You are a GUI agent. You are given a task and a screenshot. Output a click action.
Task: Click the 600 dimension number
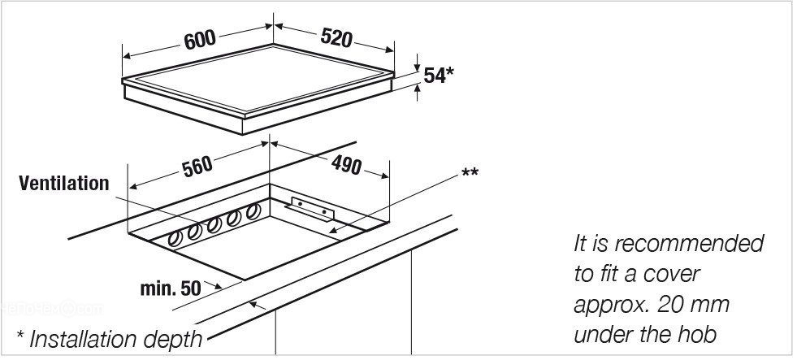click(201, 40)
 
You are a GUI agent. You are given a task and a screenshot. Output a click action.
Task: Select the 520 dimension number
click(336, 37)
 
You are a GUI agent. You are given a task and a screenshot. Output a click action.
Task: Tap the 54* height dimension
click(438, 76)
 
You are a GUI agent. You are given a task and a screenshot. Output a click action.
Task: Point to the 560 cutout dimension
click(197, 167)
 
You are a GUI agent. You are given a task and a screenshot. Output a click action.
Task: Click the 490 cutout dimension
click(346, 165)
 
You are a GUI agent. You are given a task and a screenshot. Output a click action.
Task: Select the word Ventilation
click(64, 183)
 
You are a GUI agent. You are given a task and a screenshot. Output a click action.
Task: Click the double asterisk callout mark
click(470, 173)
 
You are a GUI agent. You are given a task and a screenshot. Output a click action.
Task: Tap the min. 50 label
click(171, 288)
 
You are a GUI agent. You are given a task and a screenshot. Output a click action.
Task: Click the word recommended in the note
click(688, 244)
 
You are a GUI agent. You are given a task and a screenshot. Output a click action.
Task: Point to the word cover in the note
click(671, 275)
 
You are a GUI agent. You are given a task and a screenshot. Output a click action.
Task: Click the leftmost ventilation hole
click(175, 239)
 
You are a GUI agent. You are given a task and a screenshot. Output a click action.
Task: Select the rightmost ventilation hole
click(253, 211)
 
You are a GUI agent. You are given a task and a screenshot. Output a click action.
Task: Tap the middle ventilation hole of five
click(214, 225)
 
